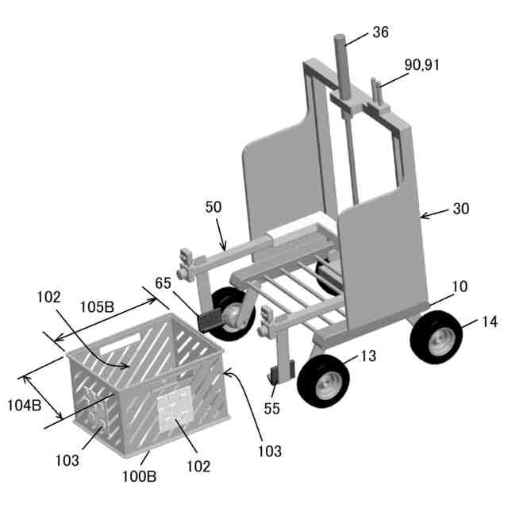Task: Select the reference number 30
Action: (461, 209)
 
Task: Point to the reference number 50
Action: (214, 207)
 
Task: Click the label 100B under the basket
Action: (140, 478)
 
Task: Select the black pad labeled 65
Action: (210, 321)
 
